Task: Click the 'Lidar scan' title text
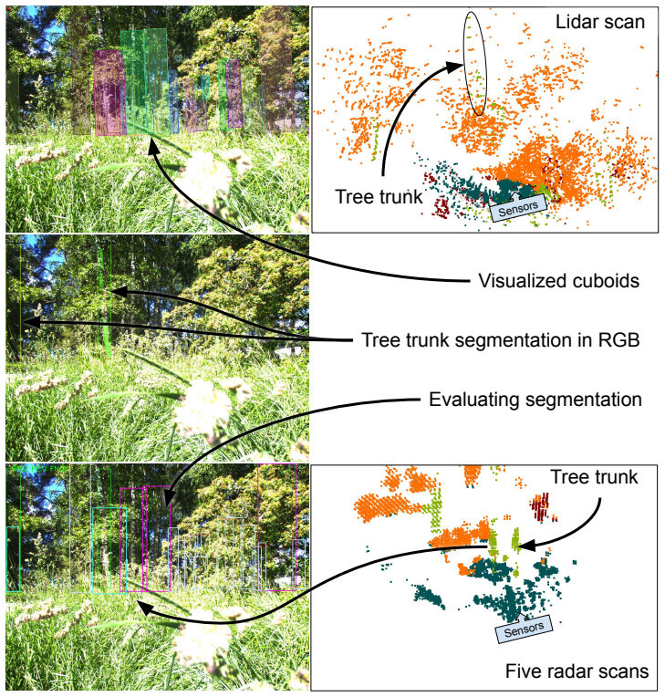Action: click(x=600, y=22)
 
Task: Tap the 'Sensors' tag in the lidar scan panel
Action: click(x=518, y=208)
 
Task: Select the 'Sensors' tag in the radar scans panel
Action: click(x=525, y=628)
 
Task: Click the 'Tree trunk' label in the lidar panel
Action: click(x=379, y=197)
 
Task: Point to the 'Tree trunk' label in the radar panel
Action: click(x=595, y=477)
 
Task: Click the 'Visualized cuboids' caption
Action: click(x=559, y=281)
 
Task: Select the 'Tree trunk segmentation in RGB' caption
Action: click(x=501, y=340)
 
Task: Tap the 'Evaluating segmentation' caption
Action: click(x=535, y=400)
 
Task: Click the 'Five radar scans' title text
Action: click(x=577, y=671)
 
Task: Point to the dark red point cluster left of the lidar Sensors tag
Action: click(x=441, y=208)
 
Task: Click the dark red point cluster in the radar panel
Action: click(x=540, y=505)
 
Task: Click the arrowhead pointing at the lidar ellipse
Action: click(x=455, y=68)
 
